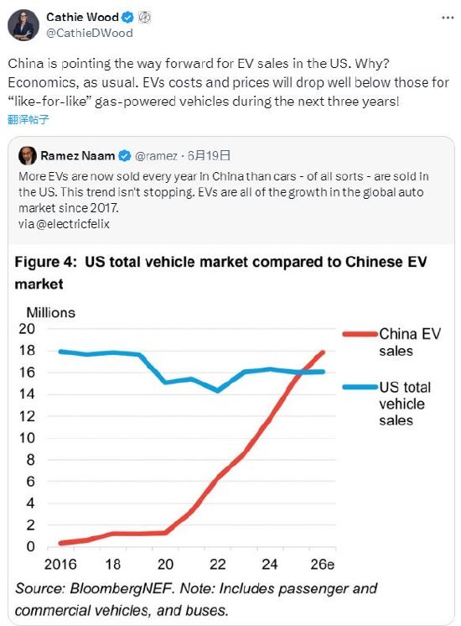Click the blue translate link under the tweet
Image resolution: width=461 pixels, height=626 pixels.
click(28, 119)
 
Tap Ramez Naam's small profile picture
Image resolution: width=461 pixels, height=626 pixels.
click(28, 156)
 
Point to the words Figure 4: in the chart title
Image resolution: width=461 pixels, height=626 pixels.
click(46, 262)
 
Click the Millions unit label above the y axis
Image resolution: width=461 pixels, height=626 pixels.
click(50, 312)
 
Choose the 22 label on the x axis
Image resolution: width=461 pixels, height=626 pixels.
click(220, 564)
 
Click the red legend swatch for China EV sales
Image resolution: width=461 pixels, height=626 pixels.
click(359, 334)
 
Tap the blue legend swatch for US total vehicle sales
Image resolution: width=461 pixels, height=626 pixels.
click(359, 387)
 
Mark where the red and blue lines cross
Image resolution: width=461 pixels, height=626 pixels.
click(305, 371)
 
